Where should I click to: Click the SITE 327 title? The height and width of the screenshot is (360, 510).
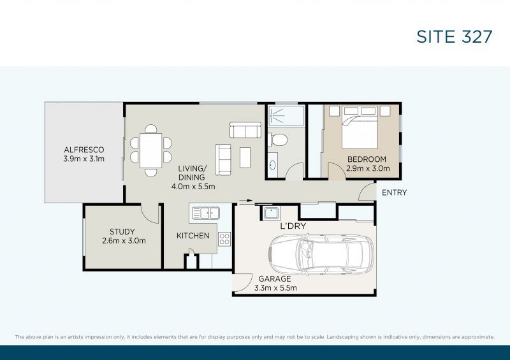point(454,36)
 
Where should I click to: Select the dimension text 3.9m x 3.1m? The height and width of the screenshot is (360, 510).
point(83,159)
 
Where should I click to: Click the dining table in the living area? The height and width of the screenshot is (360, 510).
point(151,150)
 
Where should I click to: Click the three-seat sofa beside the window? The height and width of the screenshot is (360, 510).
point(245,131)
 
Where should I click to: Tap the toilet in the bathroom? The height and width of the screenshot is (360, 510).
point(279,139)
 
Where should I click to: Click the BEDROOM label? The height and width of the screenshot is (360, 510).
point(367,159)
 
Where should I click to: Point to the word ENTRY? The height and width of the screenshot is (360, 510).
point(394,193)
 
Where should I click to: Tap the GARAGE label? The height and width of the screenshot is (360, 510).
point(275,279)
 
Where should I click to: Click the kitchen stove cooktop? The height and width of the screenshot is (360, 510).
point(224,239)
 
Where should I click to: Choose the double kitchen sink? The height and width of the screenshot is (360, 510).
point(205,213)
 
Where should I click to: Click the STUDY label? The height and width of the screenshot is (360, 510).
point(123,232)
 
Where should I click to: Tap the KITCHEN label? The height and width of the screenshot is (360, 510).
point(193,236)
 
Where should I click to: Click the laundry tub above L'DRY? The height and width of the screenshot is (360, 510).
point(271,213)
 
